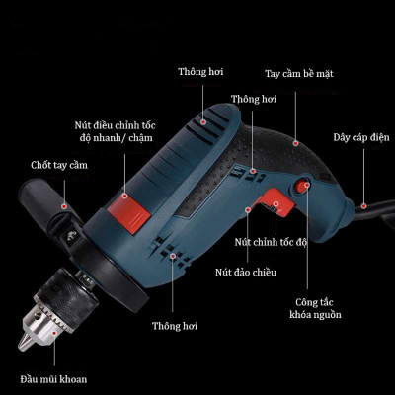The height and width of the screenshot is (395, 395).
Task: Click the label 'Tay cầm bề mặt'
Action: (x=299, y=74)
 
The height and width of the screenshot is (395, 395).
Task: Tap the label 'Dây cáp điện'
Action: (x=361, y=137)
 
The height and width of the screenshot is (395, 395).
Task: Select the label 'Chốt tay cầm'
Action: (x=59, y=165)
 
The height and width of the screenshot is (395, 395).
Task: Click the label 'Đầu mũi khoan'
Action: (x=53, y=379)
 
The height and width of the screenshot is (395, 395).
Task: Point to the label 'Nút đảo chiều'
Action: (x=246, y=273)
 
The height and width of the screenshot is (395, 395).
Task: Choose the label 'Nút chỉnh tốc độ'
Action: (x=271, y=242)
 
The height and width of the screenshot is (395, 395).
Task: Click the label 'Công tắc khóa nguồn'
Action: (x=315, y=308)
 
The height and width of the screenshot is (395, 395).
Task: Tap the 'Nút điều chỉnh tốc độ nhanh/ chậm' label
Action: (x=116, y=131)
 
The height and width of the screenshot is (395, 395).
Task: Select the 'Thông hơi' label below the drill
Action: (x=175, y=326)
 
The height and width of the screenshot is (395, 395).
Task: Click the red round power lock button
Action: (x=302, y=186)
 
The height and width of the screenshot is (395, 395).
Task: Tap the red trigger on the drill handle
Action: (x=274, y=203)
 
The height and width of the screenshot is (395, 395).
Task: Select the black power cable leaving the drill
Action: (x=373, y=213)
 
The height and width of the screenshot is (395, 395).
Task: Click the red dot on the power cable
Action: (x=363, y=206)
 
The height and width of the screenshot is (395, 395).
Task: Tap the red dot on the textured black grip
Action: (x=295, y=143)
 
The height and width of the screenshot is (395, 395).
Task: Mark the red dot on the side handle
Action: (x=64, y=206)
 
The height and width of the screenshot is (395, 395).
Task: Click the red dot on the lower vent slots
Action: (x=172, y=256)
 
